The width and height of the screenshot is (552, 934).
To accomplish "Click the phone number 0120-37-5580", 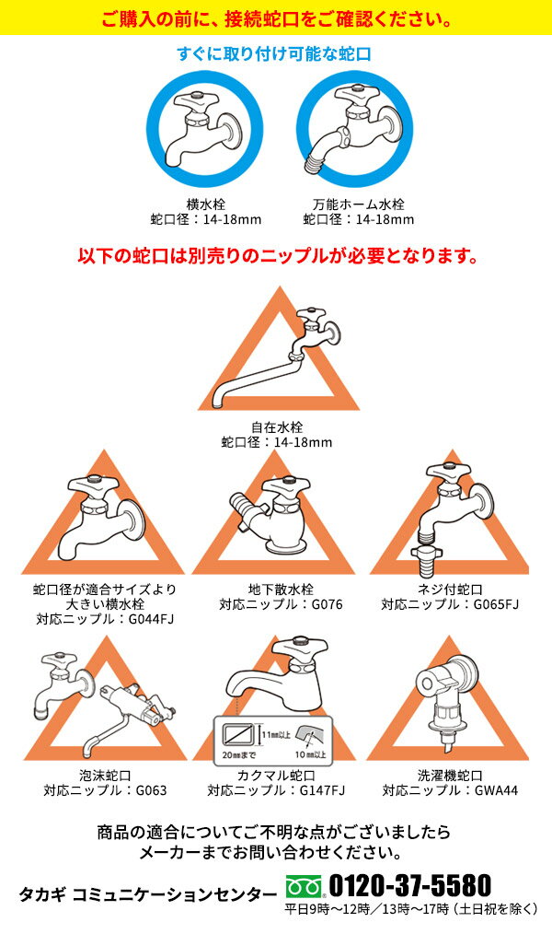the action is coord(409,886).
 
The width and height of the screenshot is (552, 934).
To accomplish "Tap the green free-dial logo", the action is coord(304,886).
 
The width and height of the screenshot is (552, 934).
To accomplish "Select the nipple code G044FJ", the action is coord(151,618).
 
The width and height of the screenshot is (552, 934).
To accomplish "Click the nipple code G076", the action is coord(328,604).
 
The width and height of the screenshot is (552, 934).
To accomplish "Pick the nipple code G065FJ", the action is coord(496,604).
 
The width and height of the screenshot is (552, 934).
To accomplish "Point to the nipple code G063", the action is coord(151,790).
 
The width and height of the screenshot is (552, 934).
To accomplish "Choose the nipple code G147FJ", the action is coord(322,790).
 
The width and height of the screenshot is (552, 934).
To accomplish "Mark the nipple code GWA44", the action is coord(496,790).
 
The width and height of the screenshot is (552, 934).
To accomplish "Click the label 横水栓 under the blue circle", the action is coord(206,204).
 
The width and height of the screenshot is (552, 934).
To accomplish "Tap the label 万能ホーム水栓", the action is coord(359,204).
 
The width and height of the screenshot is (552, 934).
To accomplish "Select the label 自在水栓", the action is coord(277,427).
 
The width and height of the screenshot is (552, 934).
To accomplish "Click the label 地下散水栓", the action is coord(281,590).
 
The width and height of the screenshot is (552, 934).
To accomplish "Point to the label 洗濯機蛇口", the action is coord(450,776).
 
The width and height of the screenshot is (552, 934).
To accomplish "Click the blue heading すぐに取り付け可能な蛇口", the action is coord(274,53).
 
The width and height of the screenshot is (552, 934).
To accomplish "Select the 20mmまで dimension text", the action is coord(240,754).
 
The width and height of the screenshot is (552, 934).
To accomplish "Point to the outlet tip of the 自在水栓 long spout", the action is coord(218,406).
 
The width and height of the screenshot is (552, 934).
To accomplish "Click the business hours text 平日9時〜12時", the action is coord(327,909).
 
